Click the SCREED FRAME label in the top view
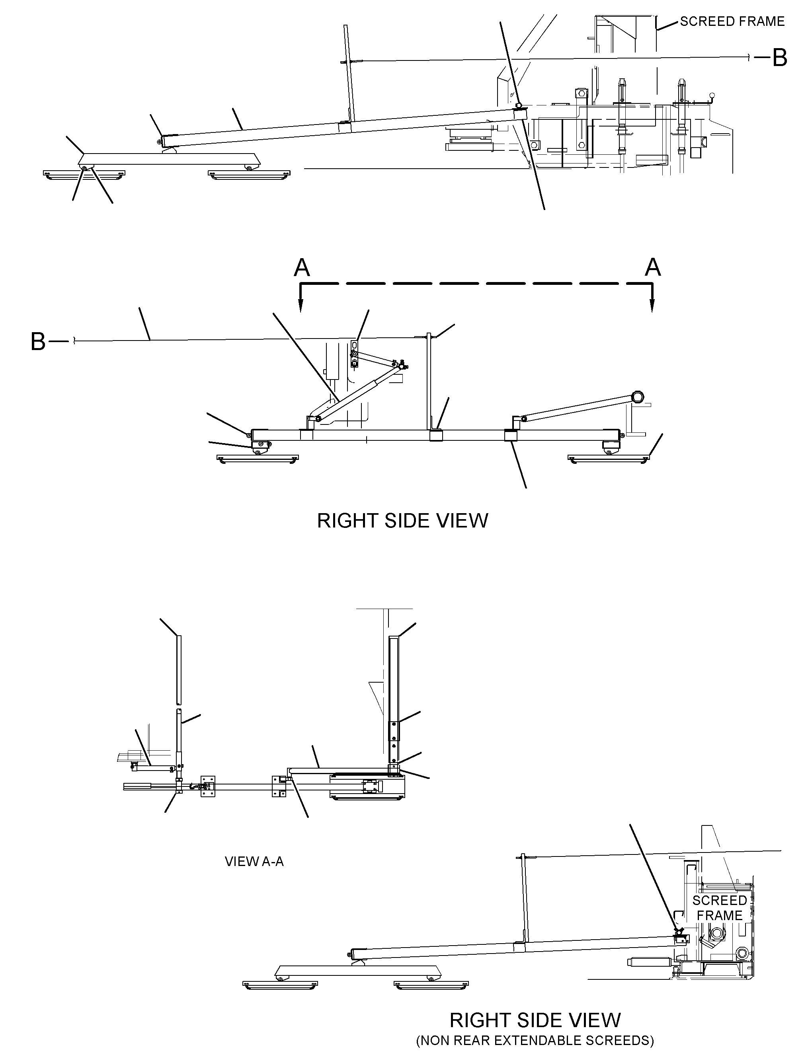[732, 21]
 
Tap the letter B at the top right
[780, 58]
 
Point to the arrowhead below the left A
[301, 306]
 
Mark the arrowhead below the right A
[652, 306]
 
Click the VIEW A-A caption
[254, 862]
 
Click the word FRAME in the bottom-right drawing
[720, 915]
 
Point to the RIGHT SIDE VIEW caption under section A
[402, 521]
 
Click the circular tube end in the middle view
[638, 397]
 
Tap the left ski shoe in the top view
[84, 175]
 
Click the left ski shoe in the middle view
[258, 459]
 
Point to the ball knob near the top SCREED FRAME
[713, 95]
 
